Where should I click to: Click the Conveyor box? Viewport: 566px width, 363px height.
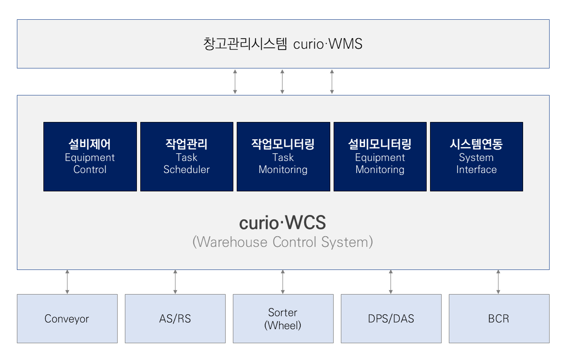[67, 319]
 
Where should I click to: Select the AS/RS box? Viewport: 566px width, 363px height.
[175, 319]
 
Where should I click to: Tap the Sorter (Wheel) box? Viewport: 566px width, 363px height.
[283, 319]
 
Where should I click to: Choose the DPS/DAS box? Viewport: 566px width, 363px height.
[391, 319]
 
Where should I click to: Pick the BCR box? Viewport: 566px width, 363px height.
[499, 319]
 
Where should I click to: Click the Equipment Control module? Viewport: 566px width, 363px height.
[90, 157]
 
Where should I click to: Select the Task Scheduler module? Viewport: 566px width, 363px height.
[187, 157]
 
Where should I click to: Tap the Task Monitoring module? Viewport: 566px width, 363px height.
[283, 157]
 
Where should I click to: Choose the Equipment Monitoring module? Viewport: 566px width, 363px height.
[380, 157]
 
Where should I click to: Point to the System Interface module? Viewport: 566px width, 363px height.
[476, 157]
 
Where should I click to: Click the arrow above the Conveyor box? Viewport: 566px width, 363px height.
[67, 282]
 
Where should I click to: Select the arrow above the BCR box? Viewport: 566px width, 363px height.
[498, 282]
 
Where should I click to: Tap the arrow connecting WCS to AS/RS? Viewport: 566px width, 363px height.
[175, 282]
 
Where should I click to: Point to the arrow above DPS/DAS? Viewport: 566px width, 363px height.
[391, 282]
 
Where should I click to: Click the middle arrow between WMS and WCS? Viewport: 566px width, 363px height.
[283, 82]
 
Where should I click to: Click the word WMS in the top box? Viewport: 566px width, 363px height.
[346, 44]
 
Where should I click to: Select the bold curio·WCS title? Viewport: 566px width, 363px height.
[283, 222]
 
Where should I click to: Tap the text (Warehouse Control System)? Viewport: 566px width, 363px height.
[283, 242]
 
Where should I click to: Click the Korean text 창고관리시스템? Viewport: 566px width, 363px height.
[245, 44]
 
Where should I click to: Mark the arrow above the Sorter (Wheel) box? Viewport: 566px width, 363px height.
[283, 282]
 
